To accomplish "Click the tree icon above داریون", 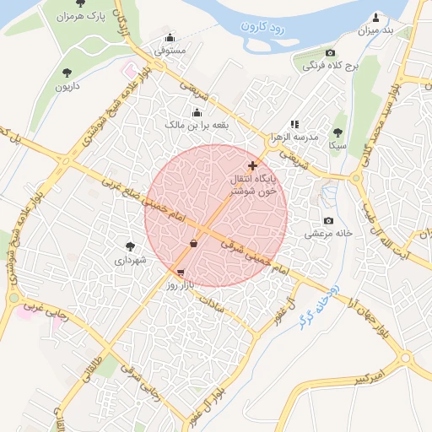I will click(67, 72).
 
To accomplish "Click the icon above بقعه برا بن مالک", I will click(197, 112).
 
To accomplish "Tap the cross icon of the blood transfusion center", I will click(252, 165).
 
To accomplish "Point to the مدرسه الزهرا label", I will click(293, 137).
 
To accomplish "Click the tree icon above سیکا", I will click(337, 132).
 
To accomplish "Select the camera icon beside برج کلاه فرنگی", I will click(330, 52).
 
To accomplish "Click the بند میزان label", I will click(376, 31).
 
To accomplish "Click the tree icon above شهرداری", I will click(130, 246).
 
